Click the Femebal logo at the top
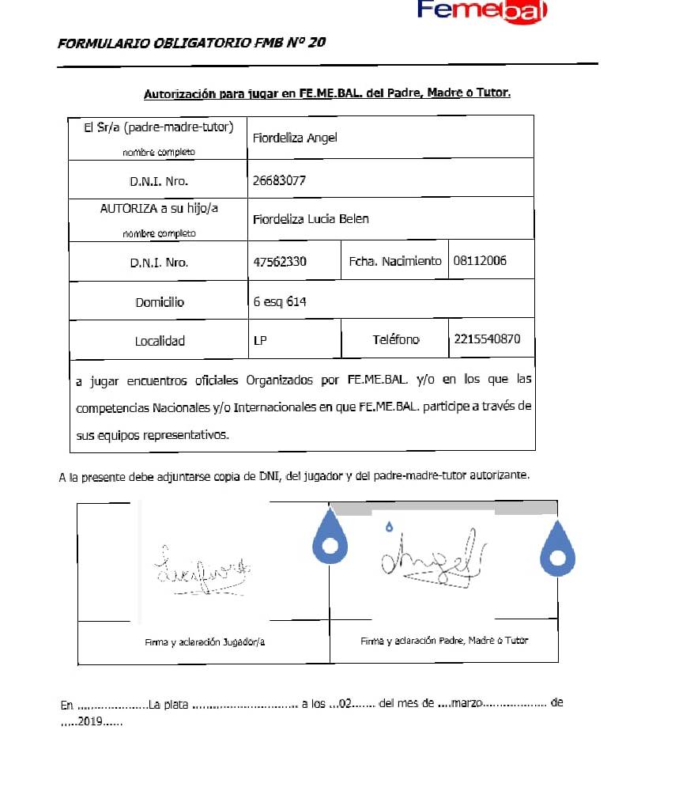click(x=482, y=11)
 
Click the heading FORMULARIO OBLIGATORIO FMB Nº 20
click(x=191, y=43)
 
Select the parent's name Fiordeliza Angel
click(x=295, y=138)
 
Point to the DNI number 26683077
click(x=279, y=180)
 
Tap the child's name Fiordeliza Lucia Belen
click(x=311, y=218)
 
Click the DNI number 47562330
click(x=280, y=261)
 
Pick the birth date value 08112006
click(x=480, y=261)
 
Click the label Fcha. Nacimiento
click(x=395, y=261)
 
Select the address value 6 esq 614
click(x=280, y=301)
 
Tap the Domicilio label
click(x=159, y=302)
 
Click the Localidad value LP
click(x=260, y=341)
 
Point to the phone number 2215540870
click(x=488, y=339)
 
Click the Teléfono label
click(x=396, y=339)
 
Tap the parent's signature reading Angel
click(x=432, y=558)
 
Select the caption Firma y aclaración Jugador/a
click(x=205, y=642)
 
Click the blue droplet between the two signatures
click(x=330, y=542)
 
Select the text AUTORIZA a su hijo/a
click(x=158, y=208)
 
